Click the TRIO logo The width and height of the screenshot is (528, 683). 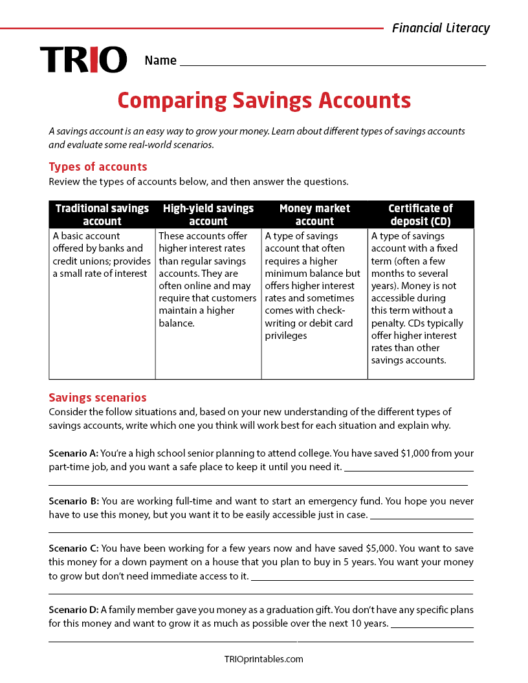click(83, 60)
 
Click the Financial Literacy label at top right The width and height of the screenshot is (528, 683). click(441, 28)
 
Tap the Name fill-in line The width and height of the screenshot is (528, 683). click(332, 61)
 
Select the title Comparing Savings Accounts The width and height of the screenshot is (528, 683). click(264, 100)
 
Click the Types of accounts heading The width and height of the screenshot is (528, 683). click(98, 167)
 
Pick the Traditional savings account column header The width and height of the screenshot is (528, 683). click(102, 214)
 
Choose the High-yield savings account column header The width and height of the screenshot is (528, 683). click(208, 214)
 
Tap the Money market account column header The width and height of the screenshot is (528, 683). click(314, 214)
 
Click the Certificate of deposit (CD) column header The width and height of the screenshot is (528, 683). click(421, 214)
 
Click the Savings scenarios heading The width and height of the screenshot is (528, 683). click(98, 397)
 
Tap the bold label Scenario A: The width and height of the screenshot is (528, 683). click(73, 453)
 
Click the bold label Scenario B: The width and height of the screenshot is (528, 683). click(73, 501)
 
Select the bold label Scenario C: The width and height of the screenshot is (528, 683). click(74, 548)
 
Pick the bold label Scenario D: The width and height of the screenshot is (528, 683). click(73, 610)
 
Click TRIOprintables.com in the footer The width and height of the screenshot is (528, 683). click(263, 659)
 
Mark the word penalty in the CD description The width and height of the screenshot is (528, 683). click(389, 323)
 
